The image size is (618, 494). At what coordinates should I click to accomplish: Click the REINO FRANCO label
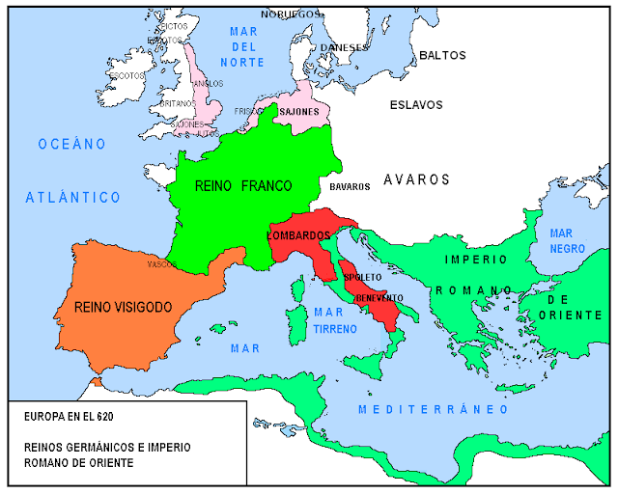[243, 185]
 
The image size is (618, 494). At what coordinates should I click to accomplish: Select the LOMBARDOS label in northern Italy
[301, 235]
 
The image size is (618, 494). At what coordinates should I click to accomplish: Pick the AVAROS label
[416, 179]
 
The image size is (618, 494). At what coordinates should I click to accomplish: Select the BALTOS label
[442, 56]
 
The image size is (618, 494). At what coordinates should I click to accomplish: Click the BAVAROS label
[350, 186]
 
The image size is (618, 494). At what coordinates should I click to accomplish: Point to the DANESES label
[344, 46]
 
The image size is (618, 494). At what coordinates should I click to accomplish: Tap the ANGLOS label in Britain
[208, 83]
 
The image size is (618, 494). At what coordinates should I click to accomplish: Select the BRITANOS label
[177, 103]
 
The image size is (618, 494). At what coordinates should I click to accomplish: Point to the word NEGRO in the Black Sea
[561, 249]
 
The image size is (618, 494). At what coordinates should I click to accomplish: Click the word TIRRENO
[335, 329]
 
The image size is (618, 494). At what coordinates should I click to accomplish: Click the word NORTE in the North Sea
[240, 63]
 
